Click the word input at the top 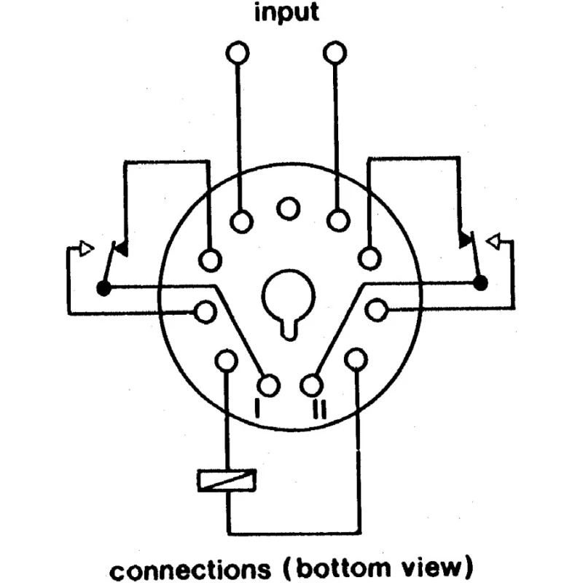286,12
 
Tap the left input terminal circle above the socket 238,52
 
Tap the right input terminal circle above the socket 335,52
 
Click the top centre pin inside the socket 288,208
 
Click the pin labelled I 268,386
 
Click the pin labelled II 312,385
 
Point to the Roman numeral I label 257,409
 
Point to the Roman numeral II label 319,409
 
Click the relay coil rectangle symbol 227,480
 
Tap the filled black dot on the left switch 103,288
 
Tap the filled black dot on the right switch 480,283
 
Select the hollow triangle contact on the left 86,249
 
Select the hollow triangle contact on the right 493,242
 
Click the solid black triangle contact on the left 121,249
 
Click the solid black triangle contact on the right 465,240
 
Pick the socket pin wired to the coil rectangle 227,360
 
